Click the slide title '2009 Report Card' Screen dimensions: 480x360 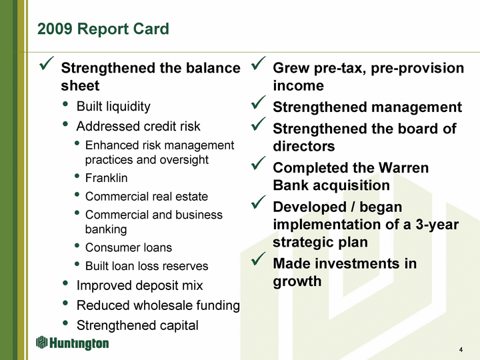click(x=103, y=29)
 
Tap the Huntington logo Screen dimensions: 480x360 click(x=72, y=343)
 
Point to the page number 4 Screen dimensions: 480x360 click(x=461, y=349)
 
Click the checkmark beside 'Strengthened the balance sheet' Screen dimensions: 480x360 click(x=47, y=63)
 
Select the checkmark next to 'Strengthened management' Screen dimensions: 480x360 click(x=258, y=102)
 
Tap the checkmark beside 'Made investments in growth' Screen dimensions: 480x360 click(x=258, y=259)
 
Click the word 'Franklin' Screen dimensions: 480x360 click(x=106, y=178)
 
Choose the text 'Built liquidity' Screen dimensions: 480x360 click(x=113, y=107)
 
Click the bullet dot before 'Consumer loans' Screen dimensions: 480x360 click(x=77, y=245)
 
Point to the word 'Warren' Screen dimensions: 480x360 click(x=403, y=168)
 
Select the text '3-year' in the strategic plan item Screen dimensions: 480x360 click(x=437, y=225)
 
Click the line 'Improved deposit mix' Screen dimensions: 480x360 click(x=139, y=285)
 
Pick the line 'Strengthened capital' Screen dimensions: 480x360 click(x=137, y=325)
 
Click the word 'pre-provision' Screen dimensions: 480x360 click(x=417, y=68)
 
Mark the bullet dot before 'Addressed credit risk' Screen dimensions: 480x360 click(x=65, y=124)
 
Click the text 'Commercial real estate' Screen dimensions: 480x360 click(x=147, y=197)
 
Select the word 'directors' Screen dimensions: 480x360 click(x=304, y=146)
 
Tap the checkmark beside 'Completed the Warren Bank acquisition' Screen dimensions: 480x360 click(x=258, y=163)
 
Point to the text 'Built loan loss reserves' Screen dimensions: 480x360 click(x=147, y=266)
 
